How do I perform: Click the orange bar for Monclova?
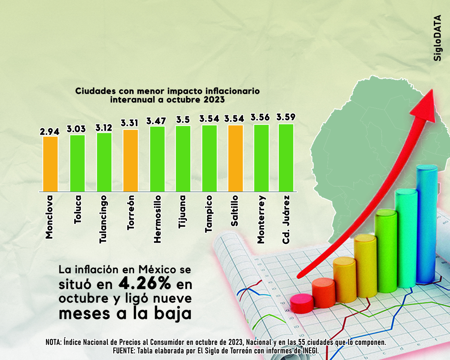point(51,164)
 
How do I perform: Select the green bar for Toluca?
point(77,163)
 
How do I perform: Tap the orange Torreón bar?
point(130,160)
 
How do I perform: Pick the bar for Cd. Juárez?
point(286,157)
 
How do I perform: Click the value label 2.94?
point(50,131)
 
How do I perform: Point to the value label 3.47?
point(156,121)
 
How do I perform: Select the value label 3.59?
point(286,117)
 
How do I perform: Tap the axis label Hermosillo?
point(157,219)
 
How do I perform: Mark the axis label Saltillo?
point(234,211)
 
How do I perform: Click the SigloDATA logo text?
point(437,38)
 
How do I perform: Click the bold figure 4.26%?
point(144,283)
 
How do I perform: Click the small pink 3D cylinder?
point(302,304)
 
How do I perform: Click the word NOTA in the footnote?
point(54,342)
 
